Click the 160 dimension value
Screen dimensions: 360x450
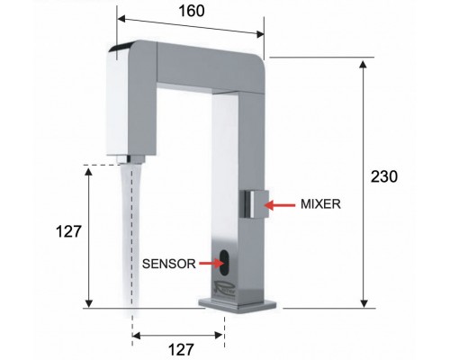pos(191,12)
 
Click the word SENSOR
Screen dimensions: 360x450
pos(168,264)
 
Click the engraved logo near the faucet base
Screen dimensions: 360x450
pos(225,290)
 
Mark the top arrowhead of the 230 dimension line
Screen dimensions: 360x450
pos(364,63)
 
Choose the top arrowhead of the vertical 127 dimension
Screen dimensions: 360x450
pos(89,170)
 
